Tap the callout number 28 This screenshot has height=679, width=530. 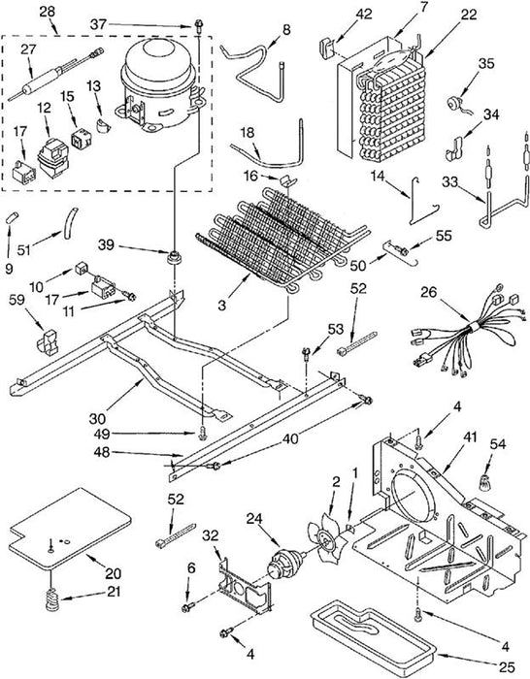click(48, 12)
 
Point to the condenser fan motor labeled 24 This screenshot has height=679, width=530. click(283, 563)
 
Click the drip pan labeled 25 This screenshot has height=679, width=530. click(374, 638)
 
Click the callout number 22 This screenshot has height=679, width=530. click(469, 15)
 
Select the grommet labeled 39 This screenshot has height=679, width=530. click(174, 257)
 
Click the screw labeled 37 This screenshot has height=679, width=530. click(199, 25)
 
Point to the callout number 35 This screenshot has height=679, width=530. click(486, 64)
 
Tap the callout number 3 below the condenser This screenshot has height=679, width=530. click(222, 305)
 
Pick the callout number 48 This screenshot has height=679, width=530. click(102, 453)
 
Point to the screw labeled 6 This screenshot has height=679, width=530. click(188, 608)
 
